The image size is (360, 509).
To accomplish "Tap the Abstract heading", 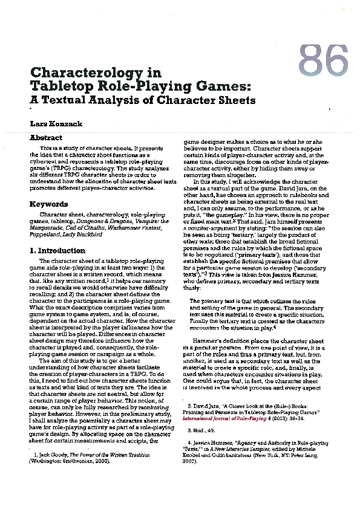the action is click(46, 138).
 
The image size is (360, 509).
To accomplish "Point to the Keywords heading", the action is click(48, 204).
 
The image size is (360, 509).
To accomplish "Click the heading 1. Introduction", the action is click(57, 250).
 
